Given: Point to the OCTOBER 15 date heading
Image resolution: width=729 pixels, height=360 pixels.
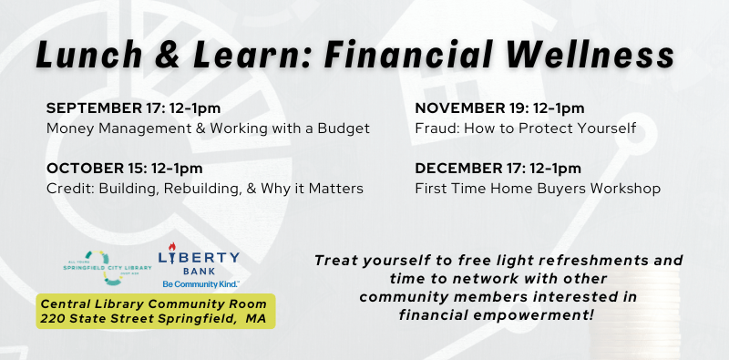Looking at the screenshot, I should (124, 169).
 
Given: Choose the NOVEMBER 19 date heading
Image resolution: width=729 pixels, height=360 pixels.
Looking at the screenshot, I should (499, 108).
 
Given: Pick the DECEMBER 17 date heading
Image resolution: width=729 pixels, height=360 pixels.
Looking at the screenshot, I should (498, 169).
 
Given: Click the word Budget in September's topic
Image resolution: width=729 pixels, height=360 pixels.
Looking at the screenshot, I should (344, 129).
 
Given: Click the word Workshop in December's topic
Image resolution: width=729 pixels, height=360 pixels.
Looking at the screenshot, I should (627, 189).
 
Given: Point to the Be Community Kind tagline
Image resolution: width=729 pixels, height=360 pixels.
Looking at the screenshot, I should (201, 284).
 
